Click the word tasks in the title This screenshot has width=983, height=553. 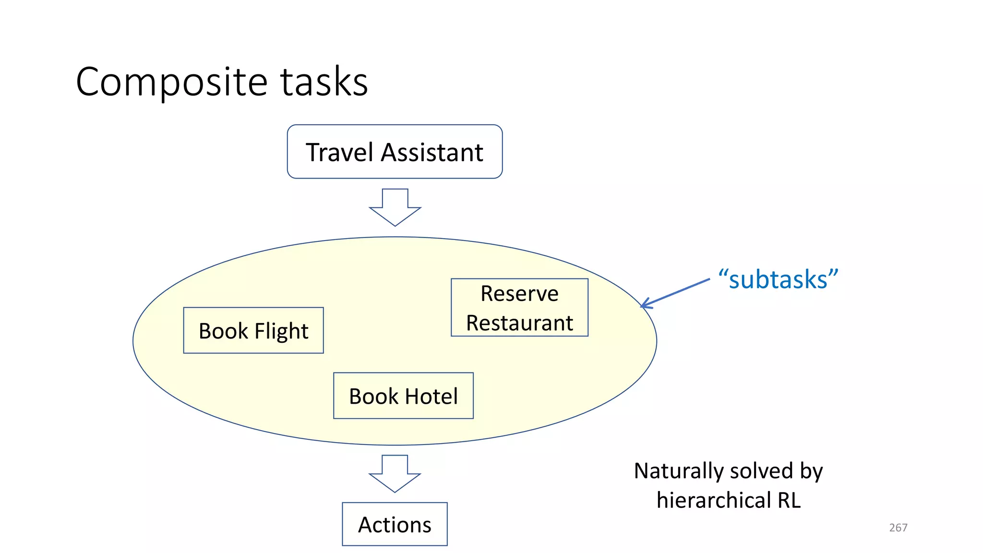pos(324,82)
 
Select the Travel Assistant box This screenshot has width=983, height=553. pos(395,152)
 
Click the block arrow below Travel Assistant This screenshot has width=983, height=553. pos(395,207)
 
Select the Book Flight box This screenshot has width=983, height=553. pos(253,330)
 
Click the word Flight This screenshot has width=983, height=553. pos(281,331)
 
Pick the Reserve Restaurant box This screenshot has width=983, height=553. pos(519,308)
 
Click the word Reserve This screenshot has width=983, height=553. pos(519,293)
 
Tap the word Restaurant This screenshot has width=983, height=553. pos(519,323)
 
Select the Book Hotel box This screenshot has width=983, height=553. pos(403,396)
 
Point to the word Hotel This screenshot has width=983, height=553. pos(431,397)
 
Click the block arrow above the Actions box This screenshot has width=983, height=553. pos(395,473)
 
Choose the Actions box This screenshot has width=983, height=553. pos(395,524)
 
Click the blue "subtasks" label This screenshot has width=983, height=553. pos(778,279)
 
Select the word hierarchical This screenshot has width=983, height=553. pos(714,500)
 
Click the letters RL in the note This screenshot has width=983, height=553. pos(789,500)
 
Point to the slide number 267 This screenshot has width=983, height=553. pos(898,528)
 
